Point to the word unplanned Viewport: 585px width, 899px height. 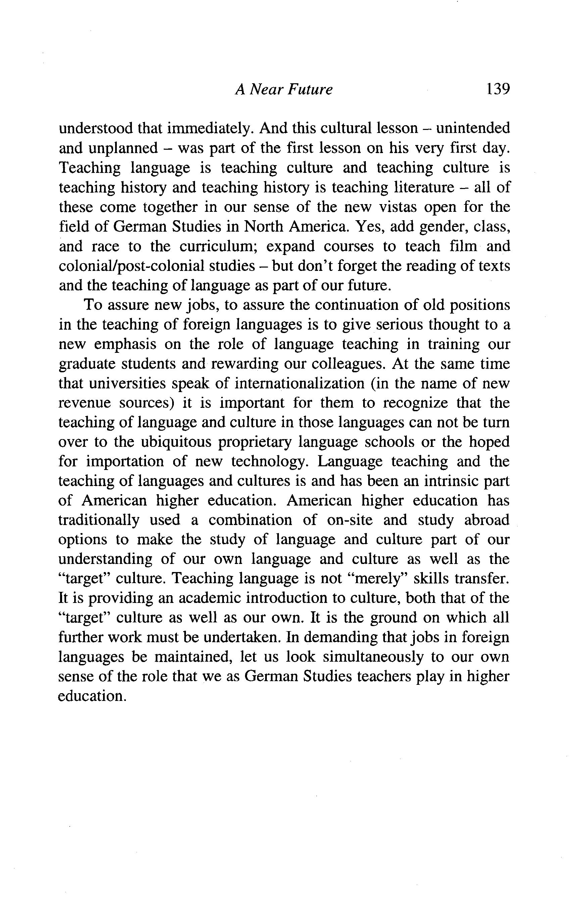(x=123, y=148)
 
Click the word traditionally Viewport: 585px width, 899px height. (x=99, y=521)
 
